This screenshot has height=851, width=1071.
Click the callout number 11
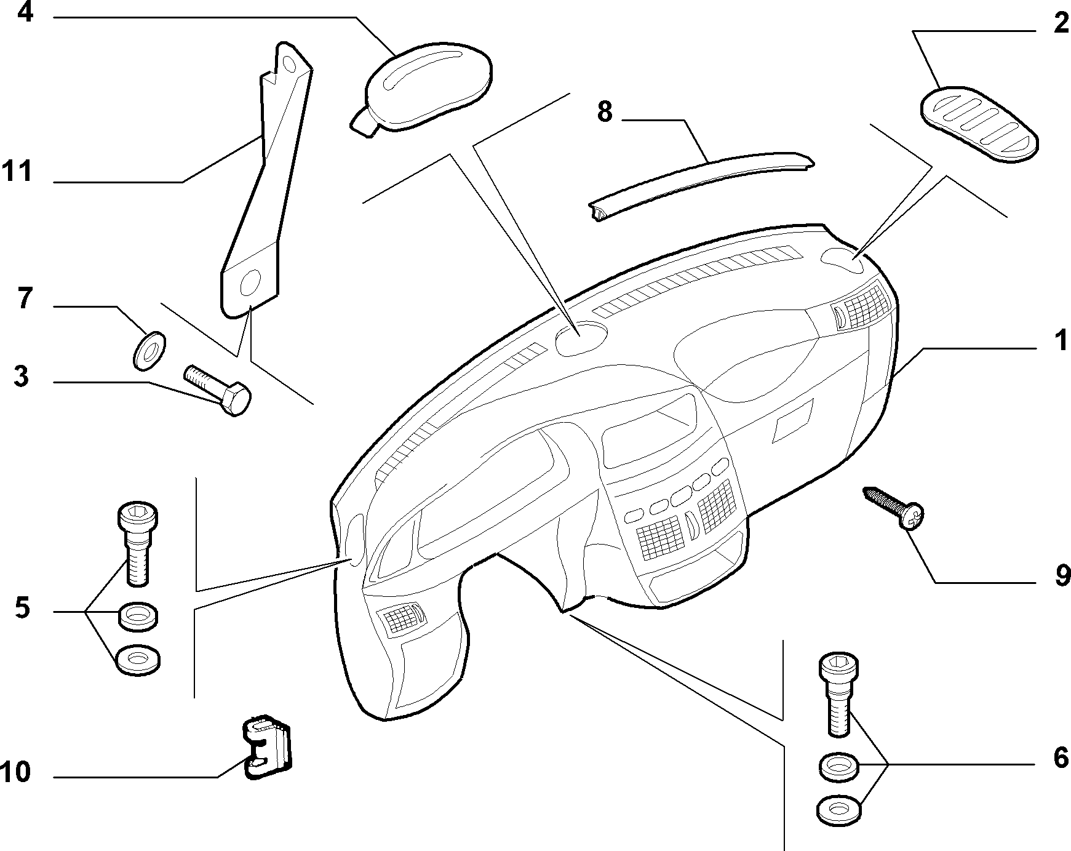[x=16, y=171]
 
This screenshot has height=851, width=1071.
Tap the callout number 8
[x=605, y=113]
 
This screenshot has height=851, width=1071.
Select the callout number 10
[x=15, y=772]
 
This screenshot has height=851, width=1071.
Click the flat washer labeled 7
[x=149, y=351]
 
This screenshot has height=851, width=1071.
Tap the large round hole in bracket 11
[x=250, y=284]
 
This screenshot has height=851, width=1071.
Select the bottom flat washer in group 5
[x=138, y=661]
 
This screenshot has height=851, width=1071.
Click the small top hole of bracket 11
[x=290, y=62]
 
